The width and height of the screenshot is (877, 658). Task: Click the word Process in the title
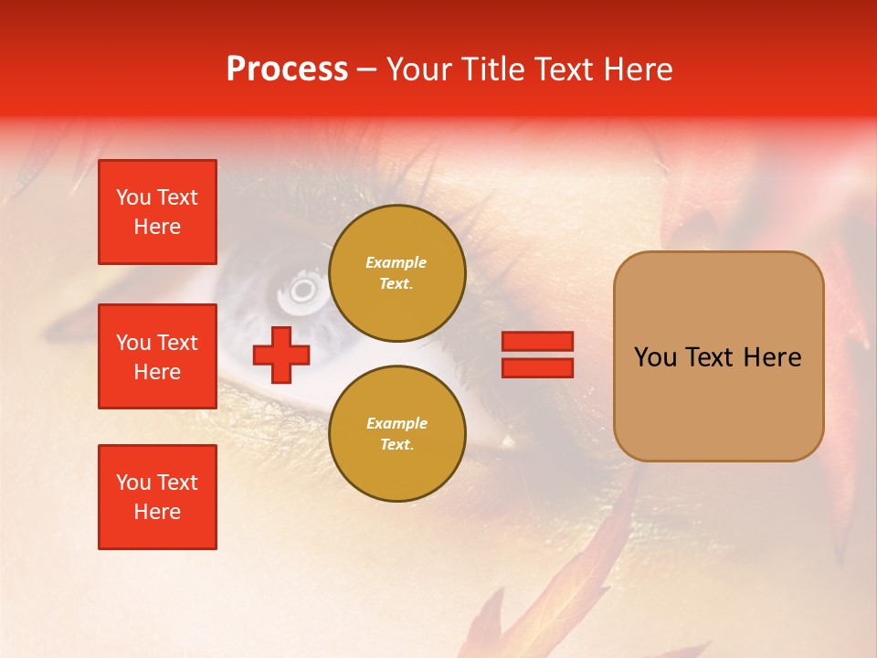pos(287,69)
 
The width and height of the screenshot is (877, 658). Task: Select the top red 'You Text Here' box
pos(157,212)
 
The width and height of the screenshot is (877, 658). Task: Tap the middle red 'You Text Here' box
pos(157,356)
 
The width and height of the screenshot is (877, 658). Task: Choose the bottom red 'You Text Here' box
pos(157,497)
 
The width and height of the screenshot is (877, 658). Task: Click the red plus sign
pos(280,356)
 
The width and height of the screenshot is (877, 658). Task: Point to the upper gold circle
pos(396,272)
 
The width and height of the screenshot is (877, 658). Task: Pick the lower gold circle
pos(396,433)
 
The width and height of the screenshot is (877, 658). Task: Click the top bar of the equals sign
pos(537,341)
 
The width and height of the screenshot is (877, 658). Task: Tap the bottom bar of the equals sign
pos(537,367)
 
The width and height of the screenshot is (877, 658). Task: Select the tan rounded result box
pos(718,356)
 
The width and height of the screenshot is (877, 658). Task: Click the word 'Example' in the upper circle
pos(396,262)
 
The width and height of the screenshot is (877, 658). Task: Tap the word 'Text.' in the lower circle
pos(396,445)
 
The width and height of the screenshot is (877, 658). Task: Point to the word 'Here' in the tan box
pos(772,357)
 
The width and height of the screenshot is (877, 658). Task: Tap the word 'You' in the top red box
pos(133,197)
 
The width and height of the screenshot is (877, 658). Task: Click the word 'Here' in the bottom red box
pos(157,512)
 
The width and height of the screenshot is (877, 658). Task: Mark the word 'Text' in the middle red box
pos(177,343)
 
